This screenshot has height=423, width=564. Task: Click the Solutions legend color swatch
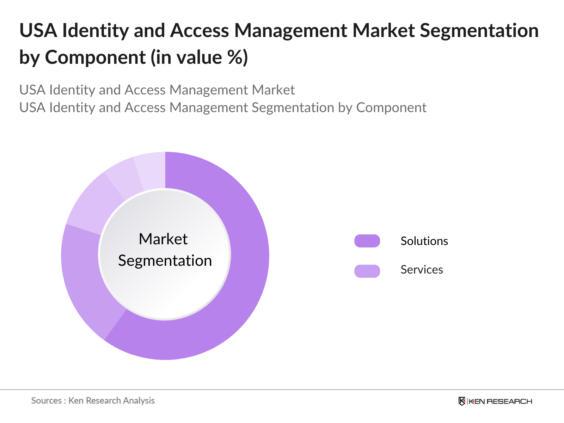367,241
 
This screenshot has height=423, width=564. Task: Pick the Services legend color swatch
367,271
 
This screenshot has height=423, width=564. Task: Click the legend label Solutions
424,241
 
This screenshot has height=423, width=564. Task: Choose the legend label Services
422,270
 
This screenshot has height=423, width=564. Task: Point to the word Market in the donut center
163,239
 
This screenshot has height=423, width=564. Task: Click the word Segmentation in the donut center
165,261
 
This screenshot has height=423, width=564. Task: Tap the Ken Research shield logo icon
462,401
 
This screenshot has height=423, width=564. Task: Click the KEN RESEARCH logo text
500,401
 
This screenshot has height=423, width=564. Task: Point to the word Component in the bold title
95,57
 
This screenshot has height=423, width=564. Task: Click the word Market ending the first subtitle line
273,90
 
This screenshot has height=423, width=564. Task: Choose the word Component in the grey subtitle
391,108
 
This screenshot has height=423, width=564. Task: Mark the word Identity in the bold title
96,31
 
